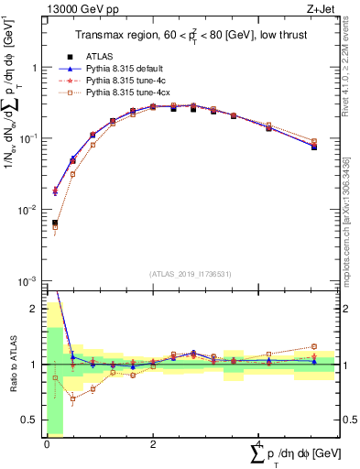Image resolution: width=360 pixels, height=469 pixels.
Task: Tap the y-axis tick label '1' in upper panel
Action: [x=34, y=68]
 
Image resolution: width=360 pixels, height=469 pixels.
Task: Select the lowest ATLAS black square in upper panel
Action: [x=55, y=223]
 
